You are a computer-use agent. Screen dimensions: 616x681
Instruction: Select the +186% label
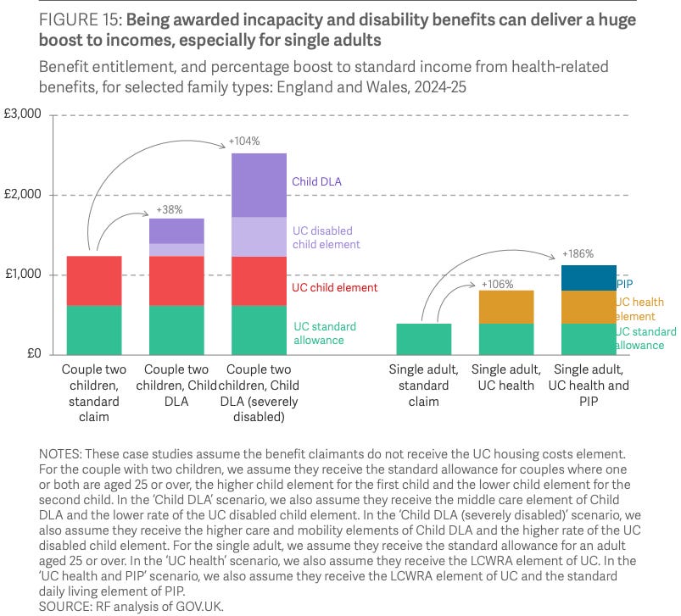coord(578,253)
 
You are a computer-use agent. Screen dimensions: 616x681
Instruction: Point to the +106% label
coord(496,284)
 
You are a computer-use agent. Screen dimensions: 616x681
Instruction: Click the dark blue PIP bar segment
coord(588,278)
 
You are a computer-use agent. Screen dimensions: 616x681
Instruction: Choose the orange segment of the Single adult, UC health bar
coord(505,307)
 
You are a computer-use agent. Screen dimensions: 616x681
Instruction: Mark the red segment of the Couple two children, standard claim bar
coord(95,280)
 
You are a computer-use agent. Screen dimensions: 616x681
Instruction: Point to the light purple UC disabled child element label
coord(321,237)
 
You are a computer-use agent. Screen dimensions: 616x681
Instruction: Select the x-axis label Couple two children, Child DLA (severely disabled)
coord(260,393)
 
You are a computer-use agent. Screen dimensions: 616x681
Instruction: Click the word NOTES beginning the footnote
coord(58,456)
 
